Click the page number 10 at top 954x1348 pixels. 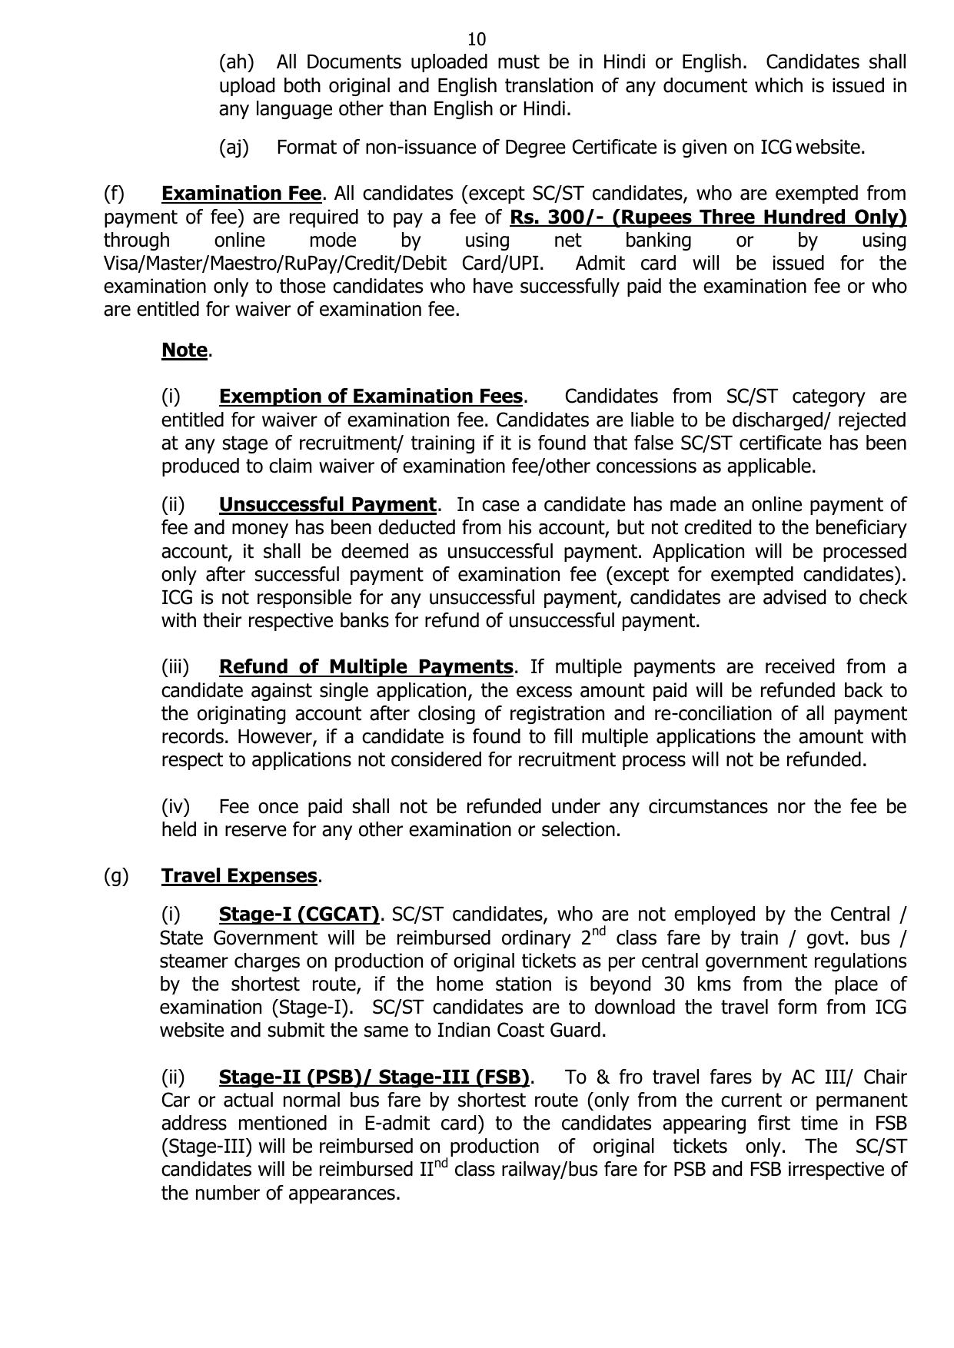476,39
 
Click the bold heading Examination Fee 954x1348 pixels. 241,193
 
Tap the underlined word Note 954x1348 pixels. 184,350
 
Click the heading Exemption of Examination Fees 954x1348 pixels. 371,397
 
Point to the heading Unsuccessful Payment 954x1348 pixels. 327,505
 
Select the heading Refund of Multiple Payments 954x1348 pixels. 366,666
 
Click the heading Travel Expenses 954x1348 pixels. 239,875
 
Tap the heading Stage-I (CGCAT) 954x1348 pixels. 299,915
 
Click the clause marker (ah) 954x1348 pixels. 236,62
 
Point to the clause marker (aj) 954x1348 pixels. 234,147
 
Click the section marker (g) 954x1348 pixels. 116,875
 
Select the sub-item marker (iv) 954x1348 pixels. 175,807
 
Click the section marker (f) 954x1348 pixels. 114,193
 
